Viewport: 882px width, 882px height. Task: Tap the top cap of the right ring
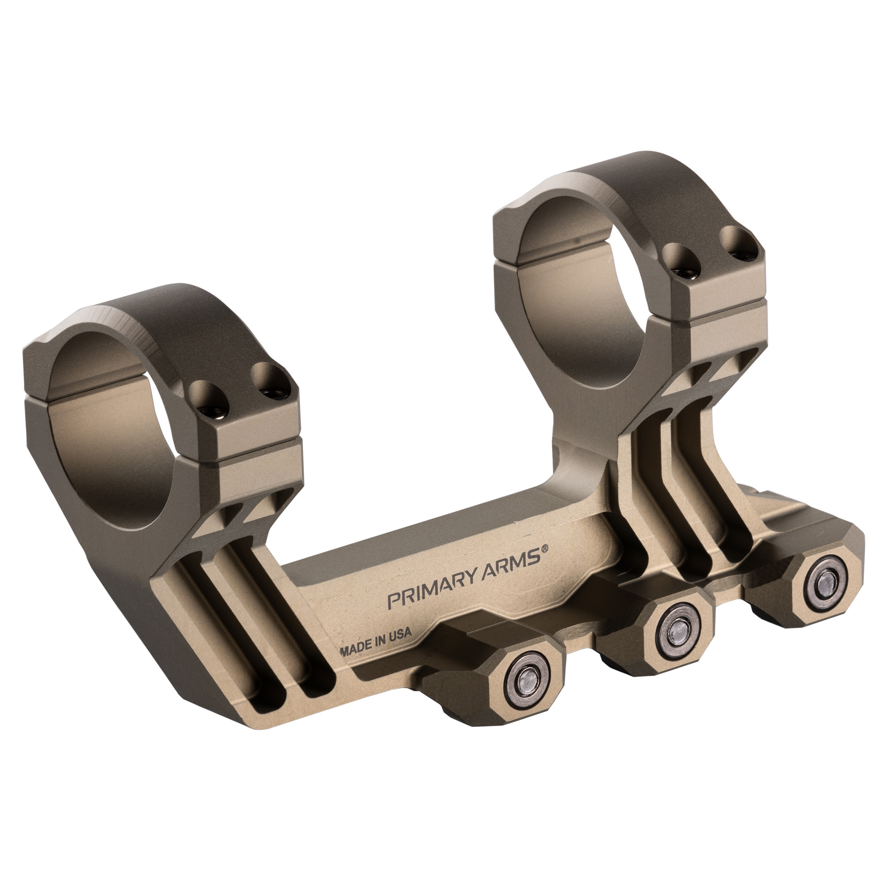tap(639, 192)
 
